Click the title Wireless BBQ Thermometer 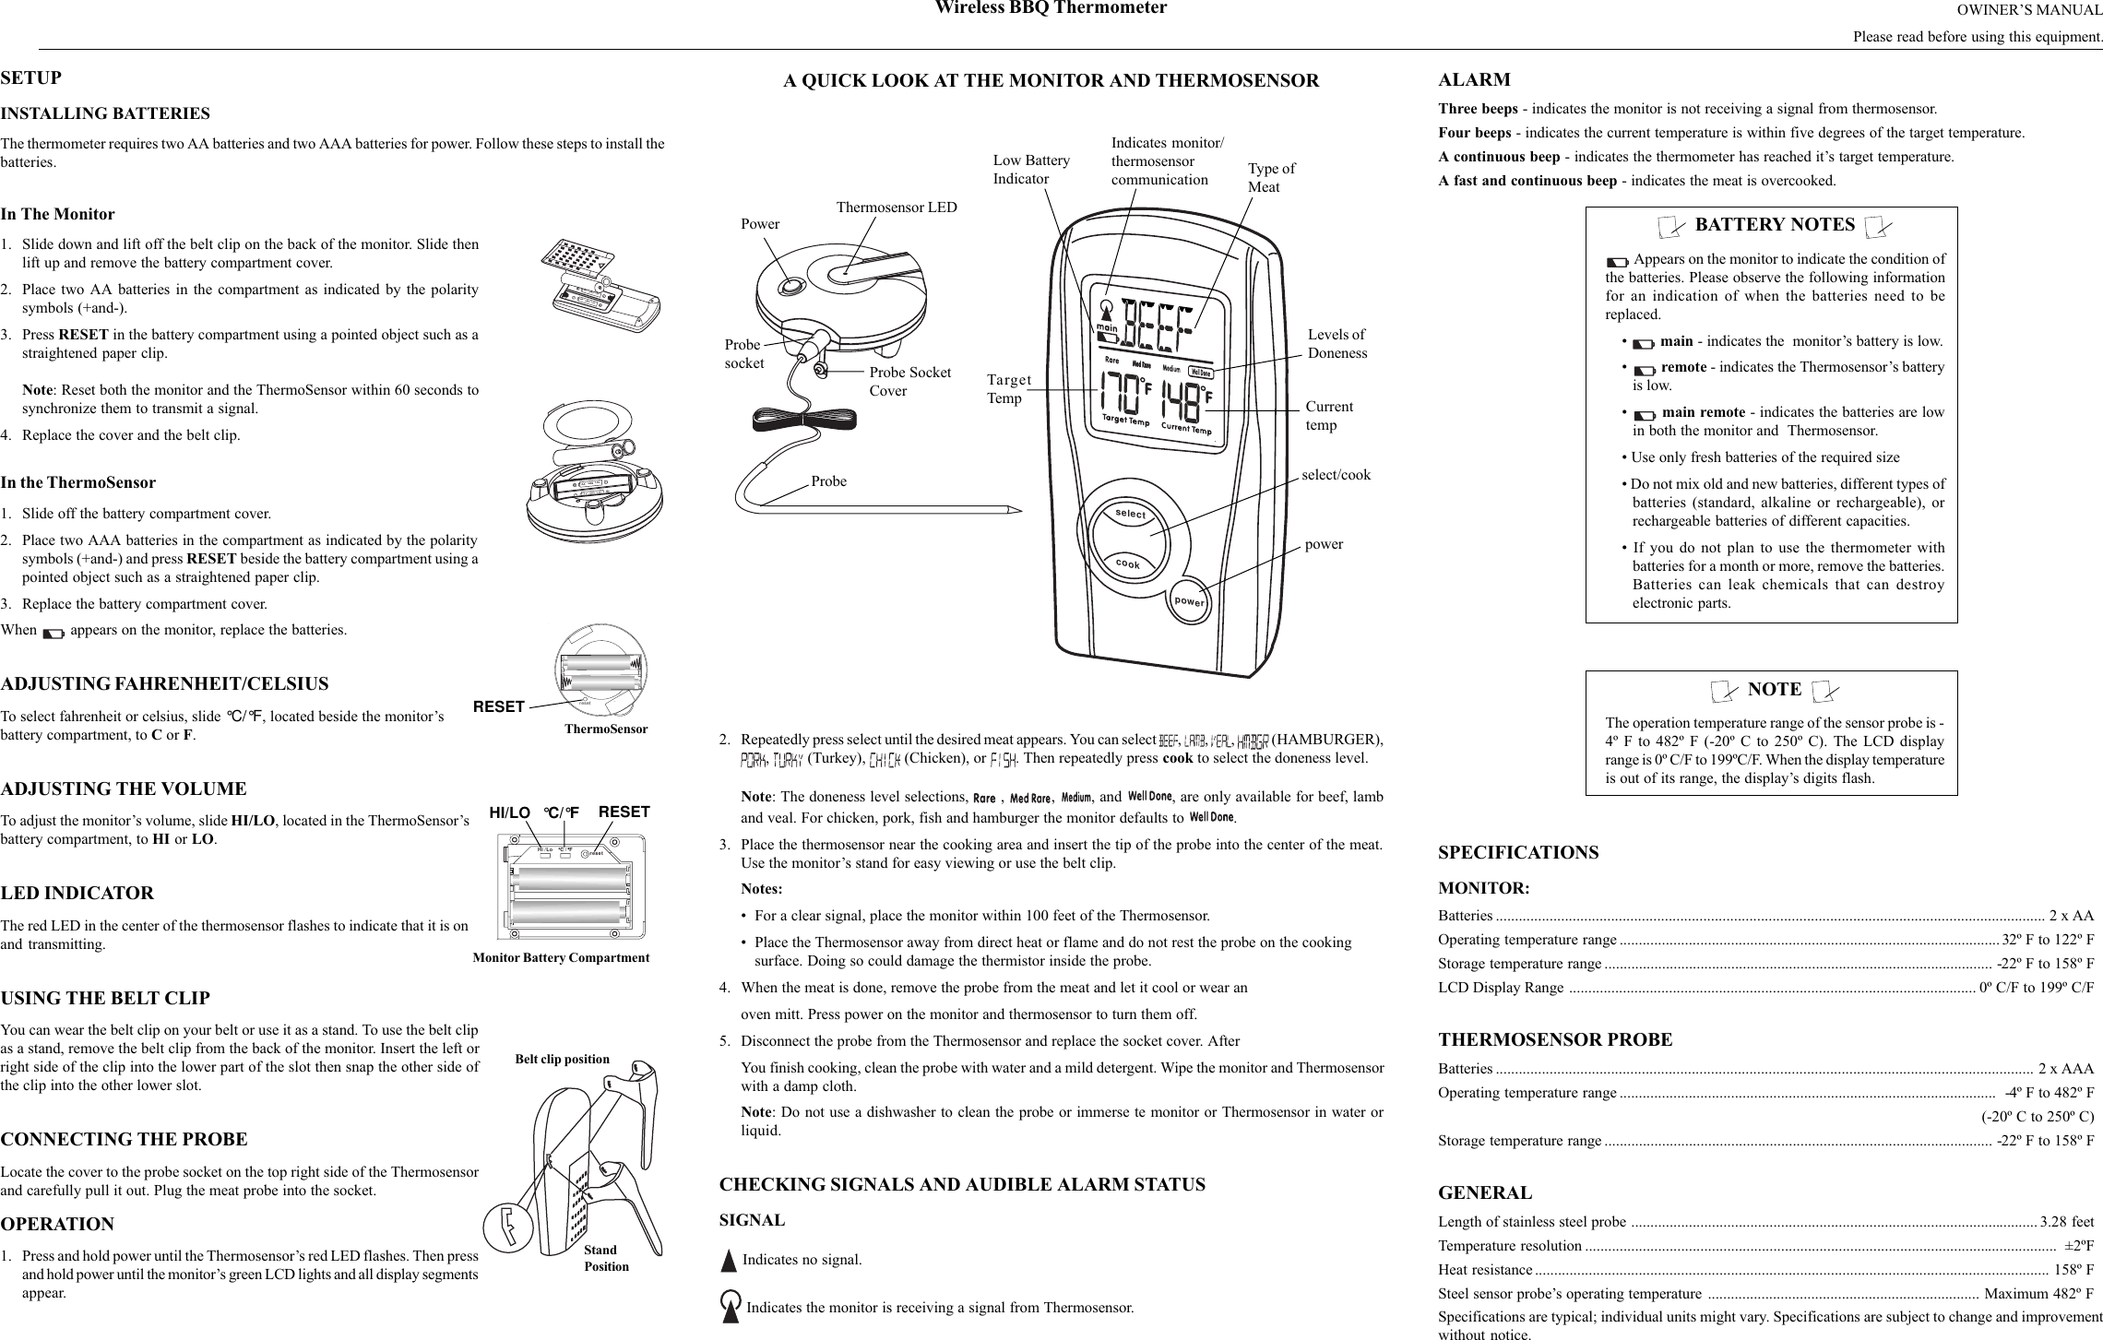coord(1051,9)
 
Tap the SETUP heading coord(31,77)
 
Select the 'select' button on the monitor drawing coord(1130,514)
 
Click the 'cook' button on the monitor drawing coord(1127,563)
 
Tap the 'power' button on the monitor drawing coord(1190,600)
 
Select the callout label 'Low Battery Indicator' coord(1030,170)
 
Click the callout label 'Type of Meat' coord(1270,178)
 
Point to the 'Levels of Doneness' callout coord(1337,344)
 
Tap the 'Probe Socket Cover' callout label coord(909,381)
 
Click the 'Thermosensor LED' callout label coord(897,208)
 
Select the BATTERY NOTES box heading coord(1775,225)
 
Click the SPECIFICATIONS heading coord(1518,852)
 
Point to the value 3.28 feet coord(2066,1222)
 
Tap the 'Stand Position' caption coord(605,1258)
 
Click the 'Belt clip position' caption coord(562,1059)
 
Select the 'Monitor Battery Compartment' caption coord(561,957)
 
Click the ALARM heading coord(1474,79)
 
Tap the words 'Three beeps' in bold coord(1478,109)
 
